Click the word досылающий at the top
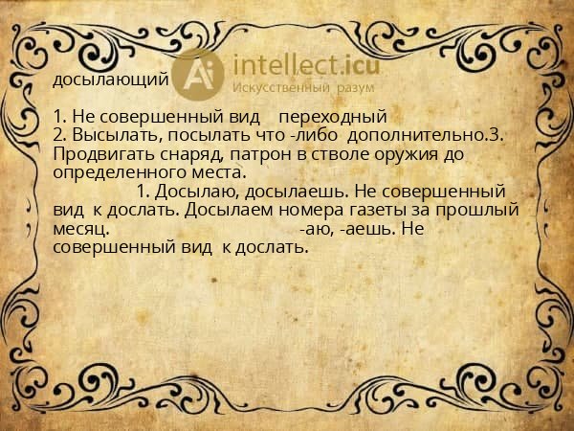pos(110,79)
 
